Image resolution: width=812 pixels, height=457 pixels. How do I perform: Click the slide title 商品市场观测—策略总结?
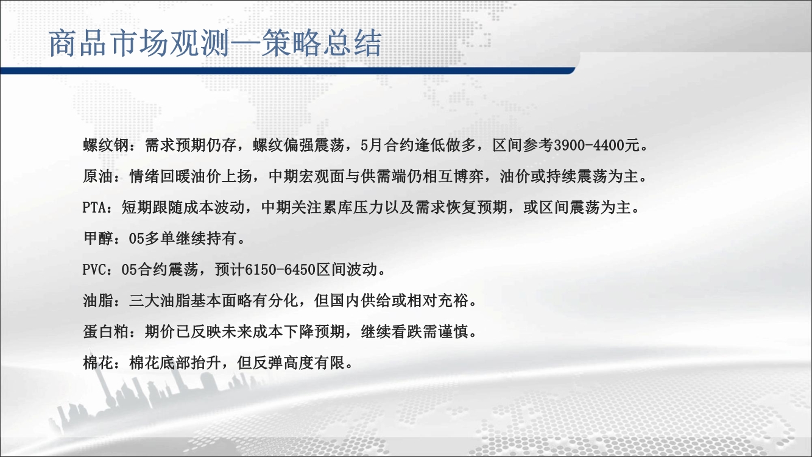tap(215, 44)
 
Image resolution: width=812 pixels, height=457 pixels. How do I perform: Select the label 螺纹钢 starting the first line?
tap(106, 146)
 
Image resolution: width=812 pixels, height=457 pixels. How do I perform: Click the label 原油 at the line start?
tap(98, 177)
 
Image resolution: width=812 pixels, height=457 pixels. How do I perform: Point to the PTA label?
tap(94, 208)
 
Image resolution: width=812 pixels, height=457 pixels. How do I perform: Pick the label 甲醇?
tap(98, 239)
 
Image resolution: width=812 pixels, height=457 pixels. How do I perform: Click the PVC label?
tap(94, 270)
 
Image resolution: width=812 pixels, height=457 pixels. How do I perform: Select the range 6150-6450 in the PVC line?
tap(280, 270)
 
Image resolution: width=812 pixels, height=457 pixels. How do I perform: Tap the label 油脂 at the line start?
tap(98, 300)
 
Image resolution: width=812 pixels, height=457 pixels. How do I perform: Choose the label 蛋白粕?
tap(106, 331)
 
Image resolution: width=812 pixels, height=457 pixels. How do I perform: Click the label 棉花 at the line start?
tap(98, 363)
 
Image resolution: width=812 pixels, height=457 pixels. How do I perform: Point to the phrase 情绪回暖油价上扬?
tap(191, 177)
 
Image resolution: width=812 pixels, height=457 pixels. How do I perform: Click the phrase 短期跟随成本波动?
tap(183, 208)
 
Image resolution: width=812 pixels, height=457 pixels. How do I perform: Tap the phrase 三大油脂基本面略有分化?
tap(214, 300)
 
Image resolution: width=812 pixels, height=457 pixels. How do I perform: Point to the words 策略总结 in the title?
tap(322, 44)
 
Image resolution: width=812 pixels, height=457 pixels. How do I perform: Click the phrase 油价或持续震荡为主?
tap(569, 177)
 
